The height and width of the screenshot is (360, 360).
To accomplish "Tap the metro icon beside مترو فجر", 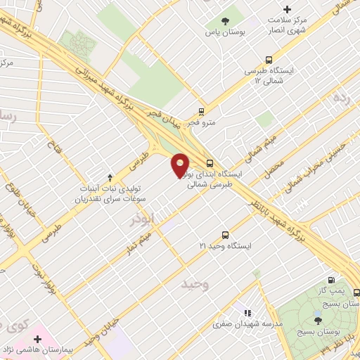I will (x=201, y=111).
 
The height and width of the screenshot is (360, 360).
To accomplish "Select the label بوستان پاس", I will (x=224, y=32).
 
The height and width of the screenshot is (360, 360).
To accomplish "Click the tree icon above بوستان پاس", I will (x=225, y=21).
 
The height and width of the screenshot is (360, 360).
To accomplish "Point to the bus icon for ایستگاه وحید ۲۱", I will (x=225, y=235).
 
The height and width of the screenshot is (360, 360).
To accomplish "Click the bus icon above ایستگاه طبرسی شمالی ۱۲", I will (x=268, y=60).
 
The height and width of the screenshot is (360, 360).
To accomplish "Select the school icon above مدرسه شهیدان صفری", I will (x=247, y=311).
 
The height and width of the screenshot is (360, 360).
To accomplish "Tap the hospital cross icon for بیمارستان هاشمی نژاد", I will (x=37, y=340).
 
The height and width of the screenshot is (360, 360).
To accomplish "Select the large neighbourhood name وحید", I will (x=196, y=284).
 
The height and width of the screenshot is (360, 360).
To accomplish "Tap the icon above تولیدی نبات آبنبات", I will (x=109, y=177).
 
